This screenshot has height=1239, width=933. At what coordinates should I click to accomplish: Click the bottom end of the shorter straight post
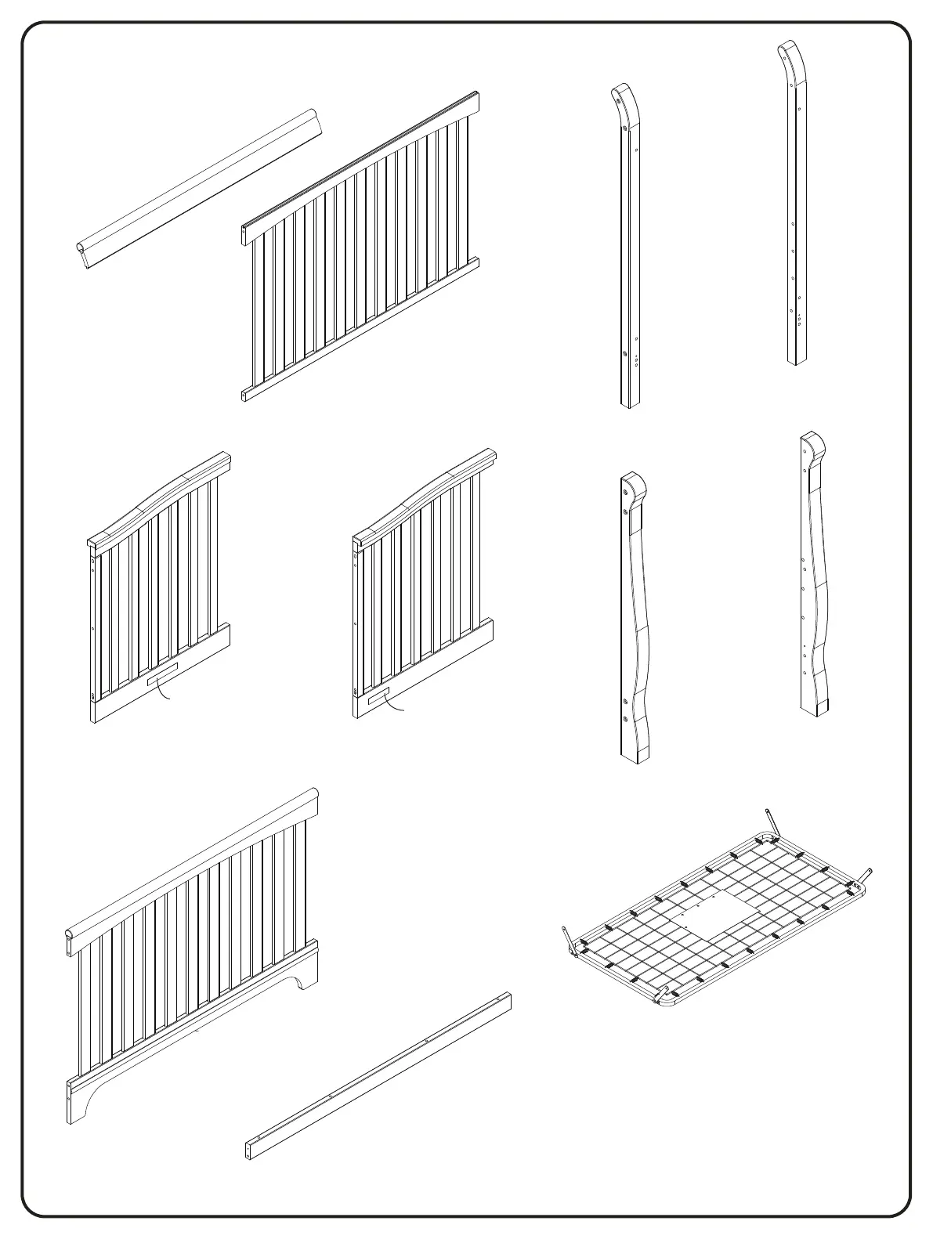coord(631,401)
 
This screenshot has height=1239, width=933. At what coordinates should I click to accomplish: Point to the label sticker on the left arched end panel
coord(163,673)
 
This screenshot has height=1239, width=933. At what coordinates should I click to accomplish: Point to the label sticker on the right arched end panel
coord(378,697)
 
